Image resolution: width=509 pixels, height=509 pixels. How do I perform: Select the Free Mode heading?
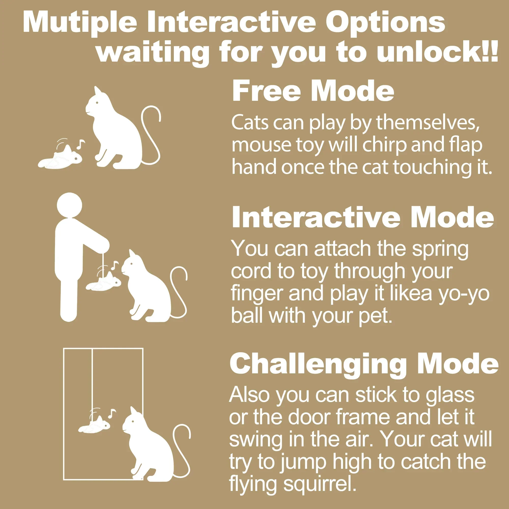click(313, 91)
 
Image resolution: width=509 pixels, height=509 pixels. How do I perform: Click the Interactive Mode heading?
click(363, 217)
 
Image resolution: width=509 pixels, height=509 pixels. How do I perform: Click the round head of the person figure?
click(69, 205)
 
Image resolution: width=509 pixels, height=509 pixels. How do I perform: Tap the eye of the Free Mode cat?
click(97, 103)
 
